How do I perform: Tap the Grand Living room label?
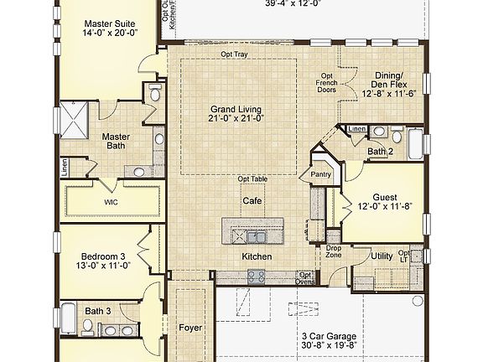click(236, 108)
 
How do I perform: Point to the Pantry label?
click(321, 174)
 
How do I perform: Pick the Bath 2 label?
click(381, 152)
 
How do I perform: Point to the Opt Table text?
click(252, 178)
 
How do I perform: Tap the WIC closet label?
click(111, 202)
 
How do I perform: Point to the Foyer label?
click(190, 328)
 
